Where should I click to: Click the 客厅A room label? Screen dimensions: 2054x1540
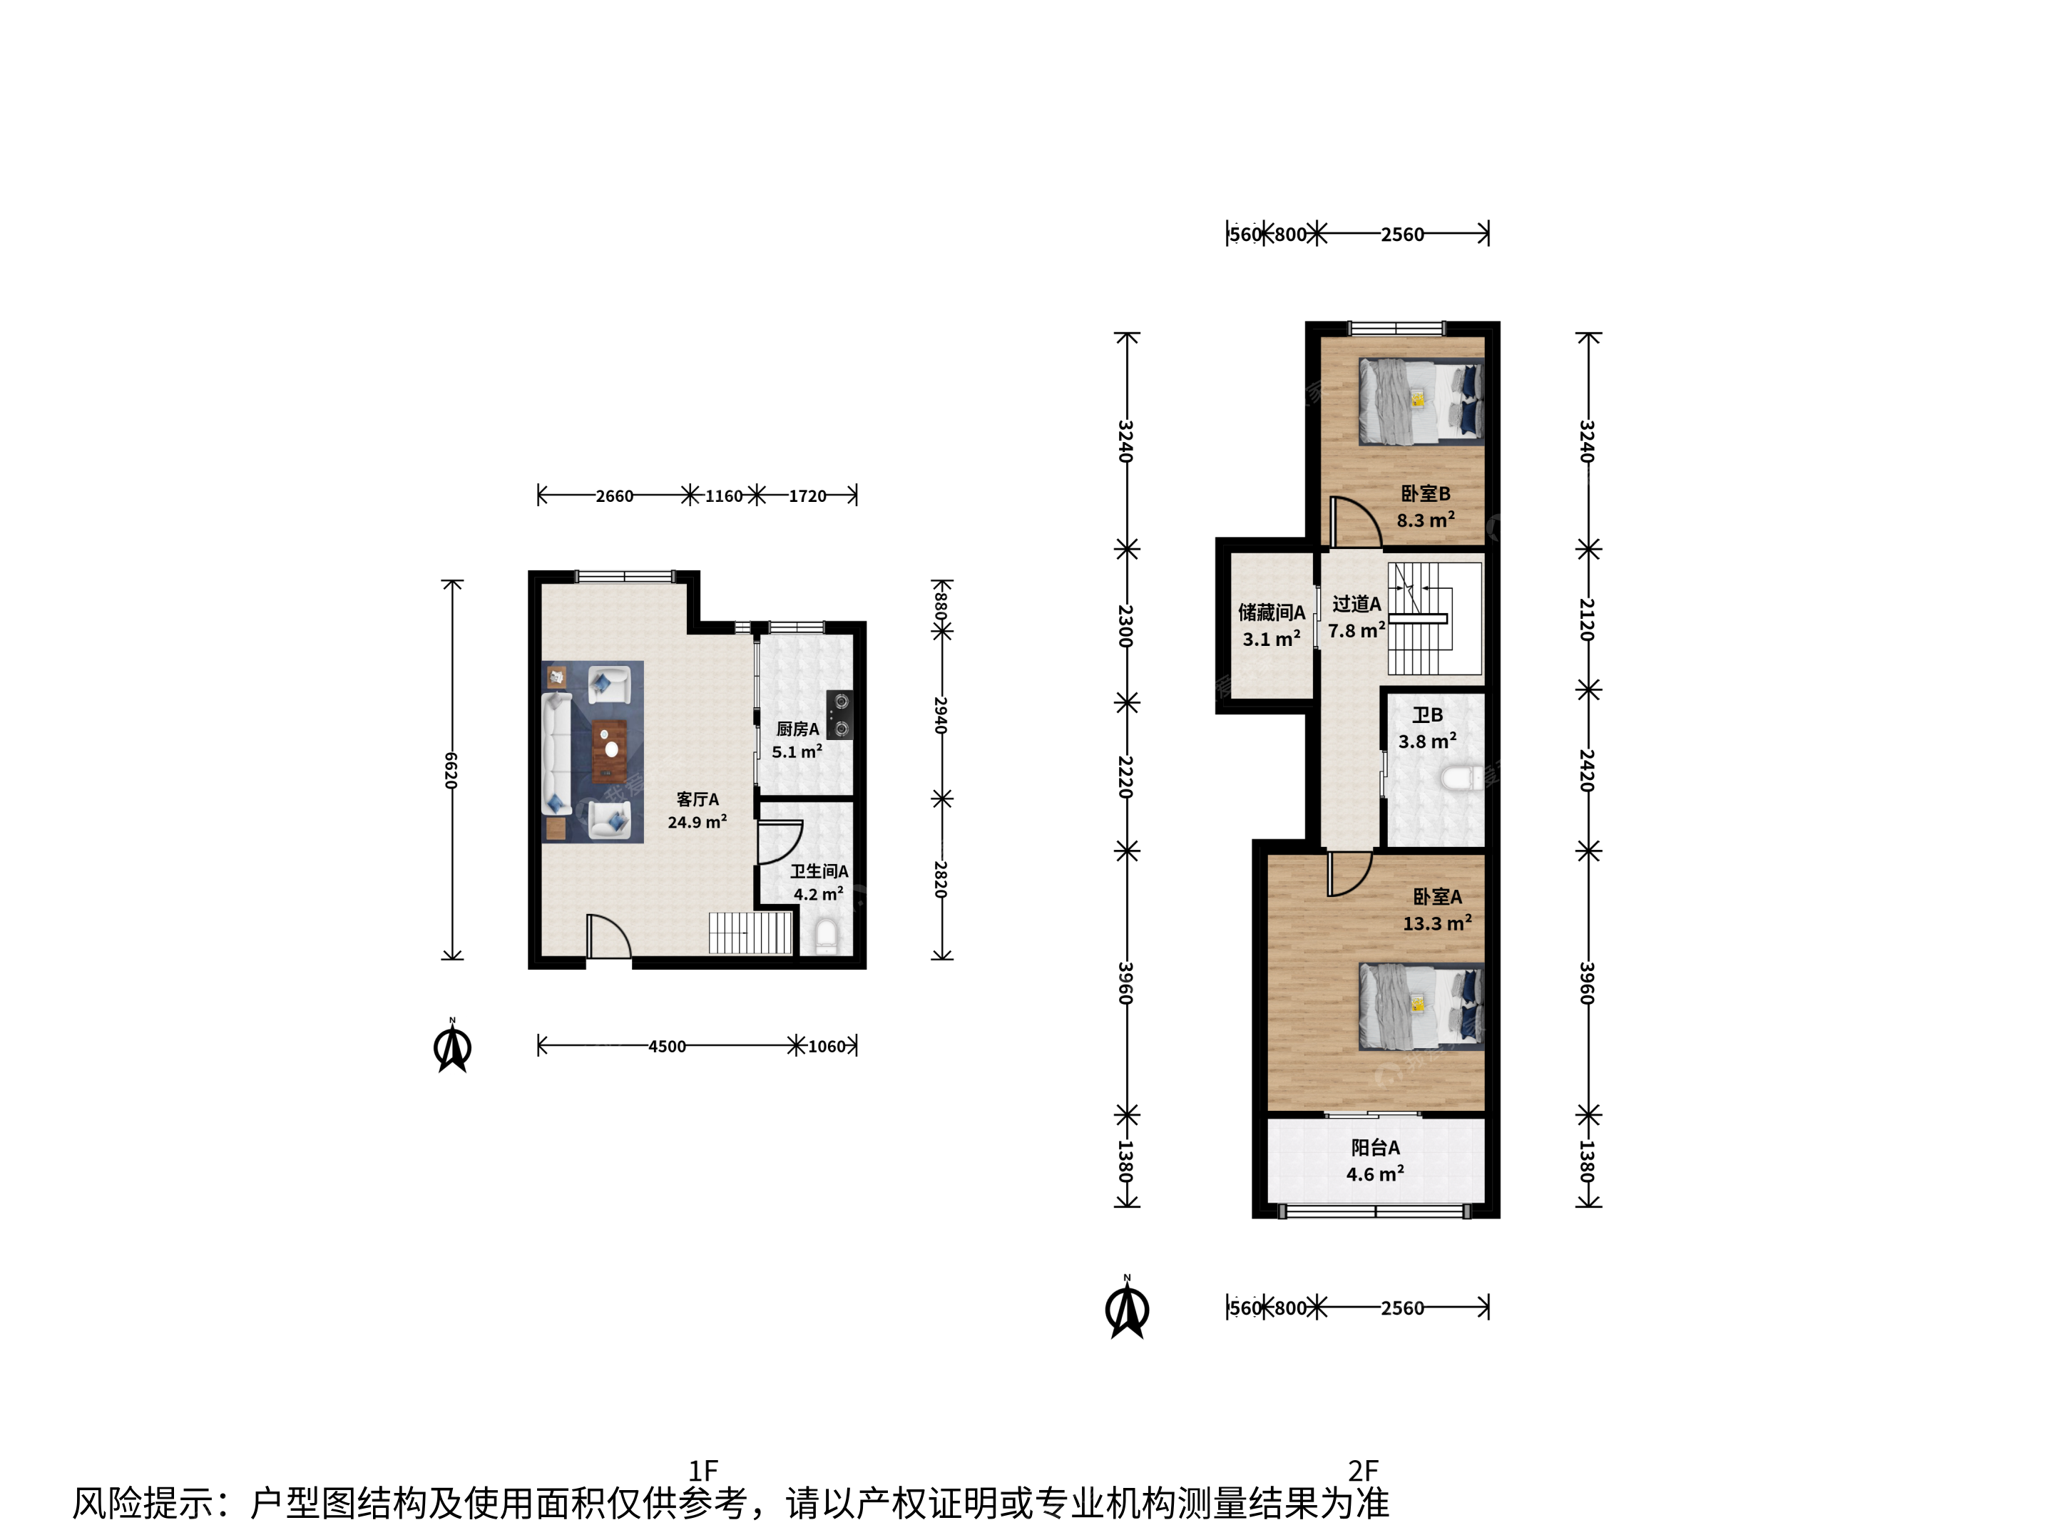pyautogui.click(x=698, y=799)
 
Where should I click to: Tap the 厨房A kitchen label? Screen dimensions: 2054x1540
pyautogui.click(x=797, y=729)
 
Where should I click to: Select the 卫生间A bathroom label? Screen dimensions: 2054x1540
pyautogui.click(x=819, y=872)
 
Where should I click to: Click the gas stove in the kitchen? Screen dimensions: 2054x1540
pyautogui.click(x=840, y=715)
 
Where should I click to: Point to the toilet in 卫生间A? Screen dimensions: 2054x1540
pyautogui.click(x=825, y=935)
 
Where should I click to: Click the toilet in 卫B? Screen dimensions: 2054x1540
pyautogui.click(x=1463, y=778)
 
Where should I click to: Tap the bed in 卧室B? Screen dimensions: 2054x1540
pyautogui.click(x=1421, y=402)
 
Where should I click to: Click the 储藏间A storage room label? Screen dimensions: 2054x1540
pyautogui.click(x=1271, y=612)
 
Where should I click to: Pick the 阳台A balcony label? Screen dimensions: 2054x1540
pyautogui.click(x=1375, y=1149)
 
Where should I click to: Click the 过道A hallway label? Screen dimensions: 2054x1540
pyautogui.click(x=1356, y=605)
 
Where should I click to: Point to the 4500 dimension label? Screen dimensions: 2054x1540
pyautogui.click(x=667, y=1046)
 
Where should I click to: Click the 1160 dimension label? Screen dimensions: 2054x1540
pyautogui.click(x=723, y=496)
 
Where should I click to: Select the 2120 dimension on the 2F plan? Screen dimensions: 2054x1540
pyautogui.click(x=1587, y=619)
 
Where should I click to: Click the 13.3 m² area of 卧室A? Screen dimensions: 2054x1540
pyautogui.click(x=1436, y=923)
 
